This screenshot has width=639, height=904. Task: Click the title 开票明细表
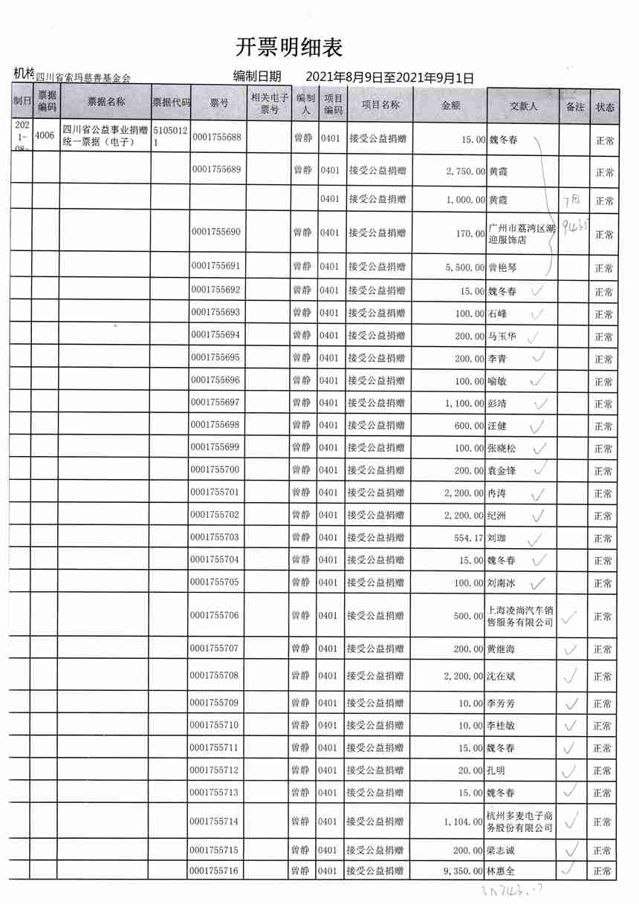point(289,48)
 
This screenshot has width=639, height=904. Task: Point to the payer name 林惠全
point(502,871)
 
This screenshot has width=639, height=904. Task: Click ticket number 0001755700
point(216,470)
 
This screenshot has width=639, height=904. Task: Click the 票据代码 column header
point(171,103)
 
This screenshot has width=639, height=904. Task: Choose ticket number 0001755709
point(216,703)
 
